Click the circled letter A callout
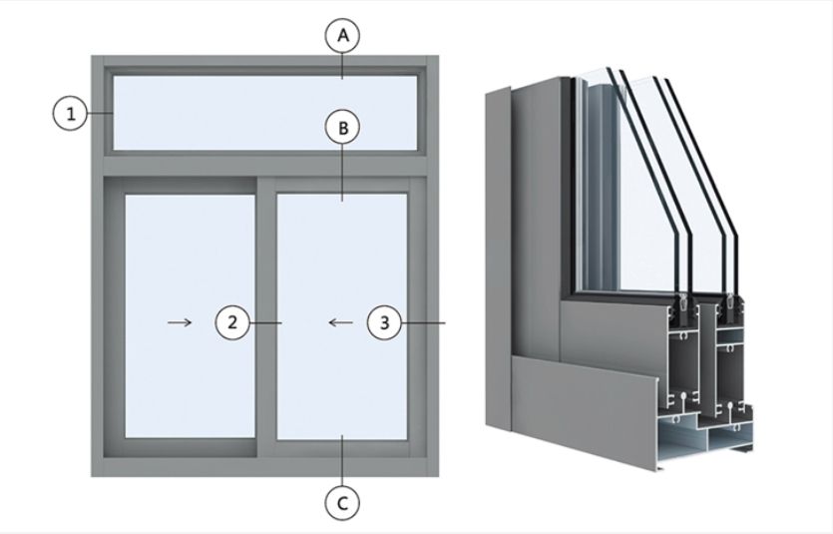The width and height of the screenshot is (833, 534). [x=342, y=36]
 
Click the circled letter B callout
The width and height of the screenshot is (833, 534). [x=342, y=129]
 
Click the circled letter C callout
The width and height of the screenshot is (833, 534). [x=342, y=503]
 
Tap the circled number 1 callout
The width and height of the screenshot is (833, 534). [x=70, y=114]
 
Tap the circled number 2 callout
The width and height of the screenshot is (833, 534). [x=231, y=322]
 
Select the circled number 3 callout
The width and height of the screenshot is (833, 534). [x=385, y=322]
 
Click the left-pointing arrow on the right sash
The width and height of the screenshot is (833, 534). [x=340, y=322]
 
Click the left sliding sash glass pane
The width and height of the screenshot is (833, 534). [x=190, y=260]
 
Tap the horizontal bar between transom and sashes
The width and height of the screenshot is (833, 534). [x=264, y=165]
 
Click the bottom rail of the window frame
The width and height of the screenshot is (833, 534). [x=264, y=461]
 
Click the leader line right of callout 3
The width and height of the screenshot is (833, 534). [x=424, y=322]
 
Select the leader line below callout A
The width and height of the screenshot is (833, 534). [x=342, y=65]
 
